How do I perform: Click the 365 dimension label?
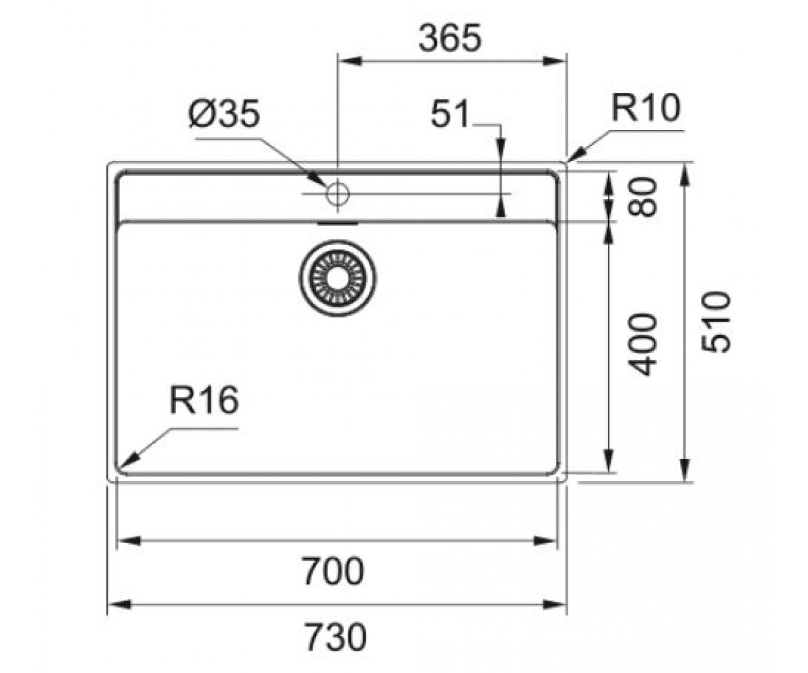[x=450, y=38]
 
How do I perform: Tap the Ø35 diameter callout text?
[x=224, y=114]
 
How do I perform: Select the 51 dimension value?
[x=450, y=114]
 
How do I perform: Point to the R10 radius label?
[x=646, y=108]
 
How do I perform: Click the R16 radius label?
[x=204, y=400]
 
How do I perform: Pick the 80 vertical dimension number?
[x=642, y=197]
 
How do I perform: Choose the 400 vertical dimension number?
[x=642, y=344]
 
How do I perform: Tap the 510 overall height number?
[x=716, y=322]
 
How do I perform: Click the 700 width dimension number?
[x=333, y=571]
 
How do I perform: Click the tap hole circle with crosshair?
[x=338, y=194]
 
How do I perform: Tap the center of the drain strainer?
[x=337, y=279]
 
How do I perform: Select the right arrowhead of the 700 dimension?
[x=545, y=540]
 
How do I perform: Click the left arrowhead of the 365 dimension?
[x=350, y=61]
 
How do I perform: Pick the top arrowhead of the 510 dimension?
[x=685, y=175]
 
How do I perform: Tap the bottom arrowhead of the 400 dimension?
[x=609, y=460]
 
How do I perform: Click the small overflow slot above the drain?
[x=337, y=223]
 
